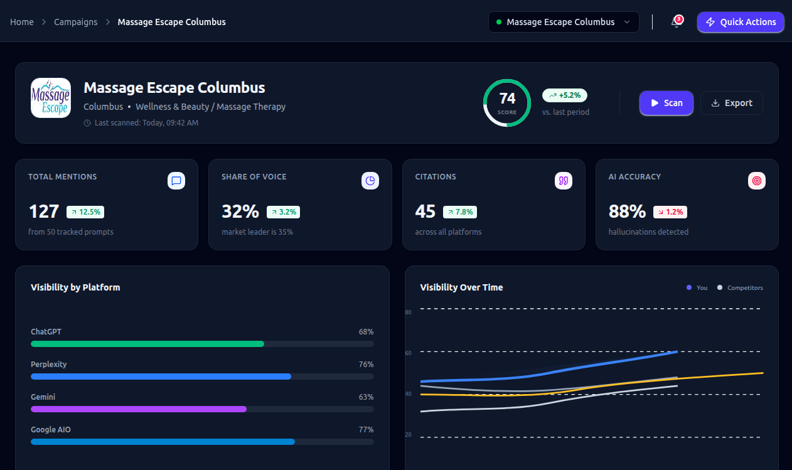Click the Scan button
click(x=666, y=103)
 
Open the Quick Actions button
click(x=741, y=22)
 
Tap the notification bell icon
click(x=676, y=22)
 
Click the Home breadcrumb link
click(x=22, y=22)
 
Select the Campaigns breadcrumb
click(x=75, y=22)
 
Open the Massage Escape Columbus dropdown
click(x=563, y=22)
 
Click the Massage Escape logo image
click(x=51, y=98)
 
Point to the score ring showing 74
click(x=507, y=102)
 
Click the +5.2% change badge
click(x=565, y=95)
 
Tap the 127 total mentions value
click(x=44, y=211)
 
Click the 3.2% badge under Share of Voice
click(x=283, y=212)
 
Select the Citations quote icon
click(x=563, y=181)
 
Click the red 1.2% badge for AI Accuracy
click(x=670, y=212)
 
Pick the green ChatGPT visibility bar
click(x=147, y=344)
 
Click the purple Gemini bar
click(x=139, y=409)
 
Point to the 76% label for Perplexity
click(x=366, y=365)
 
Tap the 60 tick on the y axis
click(x=409, y=353)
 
